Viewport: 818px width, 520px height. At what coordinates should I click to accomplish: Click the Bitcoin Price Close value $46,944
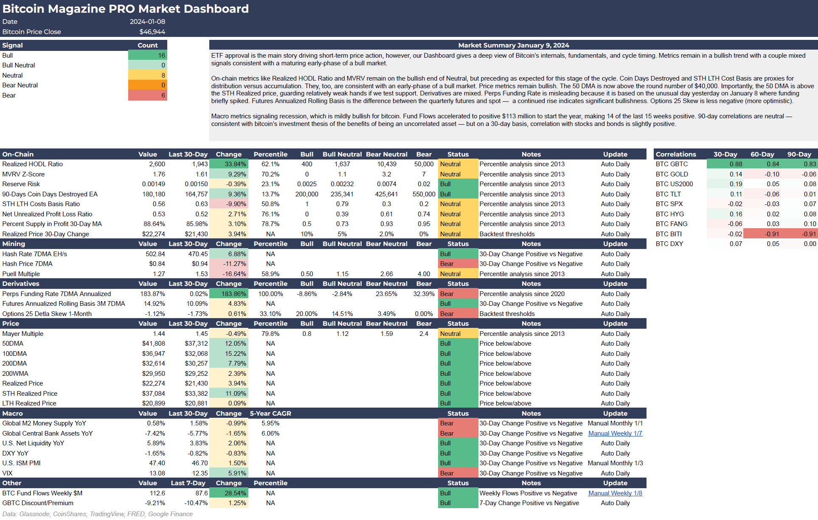pos(152,32)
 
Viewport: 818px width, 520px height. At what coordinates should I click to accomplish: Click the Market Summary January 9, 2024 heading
pos(513,45)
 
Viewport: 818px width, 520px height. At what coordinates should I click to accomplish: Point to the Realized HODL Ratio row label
pos(33,164)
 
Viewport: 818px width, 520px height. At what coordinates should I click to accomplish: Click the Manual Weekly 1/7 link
pos(615,433)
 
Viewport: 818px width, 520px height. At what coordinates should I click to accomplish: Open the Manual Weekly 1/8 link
pos(615,493)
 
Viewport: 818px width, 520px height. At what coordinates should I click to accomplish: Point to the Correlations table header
pos(676,154)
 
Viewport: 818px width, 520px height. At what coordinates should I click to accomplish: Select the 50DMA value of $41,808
pos(154,344)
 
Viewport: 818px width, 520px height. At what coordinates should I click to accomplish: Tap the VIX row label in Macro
pos(8,473)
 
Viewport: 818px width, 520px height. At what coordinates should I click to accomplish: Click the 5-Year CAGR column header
pos(270,414)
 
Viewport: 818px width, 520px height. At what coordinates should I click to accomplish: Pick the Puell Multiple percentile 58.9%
pos(270,274)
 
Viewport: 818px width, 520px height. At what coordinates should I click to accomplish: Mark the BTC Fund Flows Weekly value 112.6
pos(157,493)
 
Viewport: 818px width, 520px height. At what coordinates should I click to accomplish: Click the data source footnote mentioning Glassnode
pos(97,514)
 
